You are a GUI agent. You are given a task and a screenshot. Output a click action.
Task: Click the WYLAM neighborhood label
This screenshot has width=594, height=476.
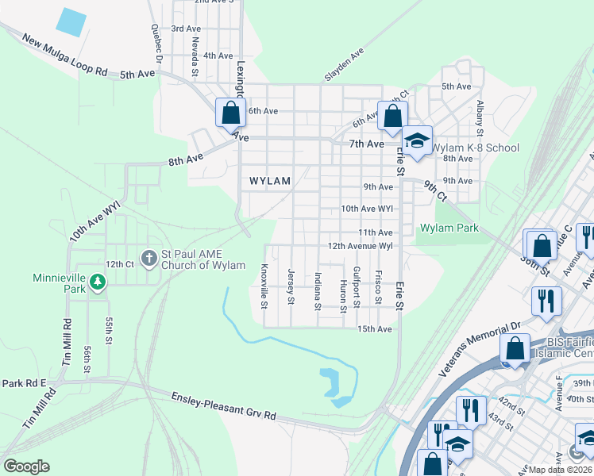point(270,181)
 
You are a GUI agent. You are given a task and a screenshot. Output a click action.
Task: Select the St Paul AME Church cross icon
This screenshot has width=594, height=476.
point(148,257)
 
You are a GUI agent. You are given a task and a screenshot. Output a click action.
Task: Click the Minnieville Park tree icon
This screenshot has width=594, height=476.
point(97,281)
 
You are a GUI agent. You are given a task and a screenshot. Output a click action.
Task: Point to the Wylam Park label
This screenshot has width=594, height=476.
point(449,228)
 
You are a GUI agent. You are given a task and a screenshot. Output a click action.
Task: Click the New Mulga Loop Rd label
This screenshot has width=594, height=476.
point(65,56)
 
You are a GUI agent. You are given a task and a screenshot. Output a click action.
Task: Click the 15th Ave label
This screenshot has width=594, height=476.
point(375,328)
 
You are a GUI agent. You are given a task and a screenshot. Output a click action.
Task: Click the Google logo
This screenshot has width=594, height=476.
point(26,466)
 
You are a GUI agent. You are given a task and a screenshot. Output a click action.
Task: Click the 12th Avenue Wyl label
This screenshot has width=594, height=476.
point(361,246)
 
